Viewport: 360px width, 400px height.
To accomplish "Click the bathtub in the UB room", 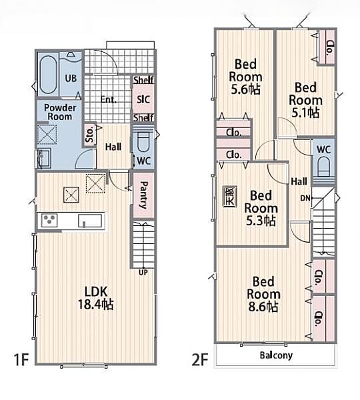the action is pos(48,75).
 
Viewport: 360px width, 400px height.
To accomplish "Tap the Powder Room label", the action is pos(60,112).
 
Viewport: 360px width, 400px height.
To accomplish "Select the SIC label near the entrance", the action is pos(143,99).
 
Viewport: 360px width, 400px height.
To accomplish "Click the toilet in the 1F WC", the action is pos(143,142).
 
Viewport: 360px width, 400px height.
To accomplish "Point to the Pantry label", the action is pos(143,195).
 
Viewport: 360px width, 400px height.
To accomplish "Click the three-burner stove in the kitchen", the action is pos(49,221).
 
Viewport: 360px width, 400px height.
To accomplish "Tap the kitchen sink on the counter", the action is pos(90,221).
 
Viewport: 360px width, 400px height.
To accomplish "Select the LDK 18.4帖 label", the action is pos(96,298).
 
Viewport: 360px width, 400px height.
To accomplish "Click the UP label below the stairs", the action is pos(143,273).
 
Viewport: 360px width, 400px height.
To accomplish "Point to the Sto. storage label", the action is pos(90,135).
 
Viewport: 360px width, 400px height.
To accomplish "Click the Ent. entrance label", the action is pos(109,99).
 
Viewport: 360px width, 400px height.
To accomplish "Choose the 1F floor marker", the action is pos(21,360).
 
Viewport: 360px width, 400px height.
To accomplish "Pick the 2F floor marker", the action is pos(200,360).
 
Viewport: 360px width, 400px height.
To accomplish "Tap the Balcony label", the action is pos(276,355).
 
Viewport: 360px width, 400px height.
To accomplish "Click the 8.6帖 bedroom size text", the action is pos(263,307).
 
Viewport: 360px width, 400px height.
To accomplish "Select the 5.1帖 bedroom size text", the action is pos(305,113).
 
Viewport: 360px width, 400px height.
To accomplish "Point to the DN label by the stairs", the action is pos(305,198).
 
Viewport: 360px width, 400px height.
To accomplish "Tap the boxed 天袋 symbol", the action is pos(230,197).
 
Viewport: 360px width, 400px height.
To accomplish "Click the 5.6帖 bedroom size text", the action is pos(246,89).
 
